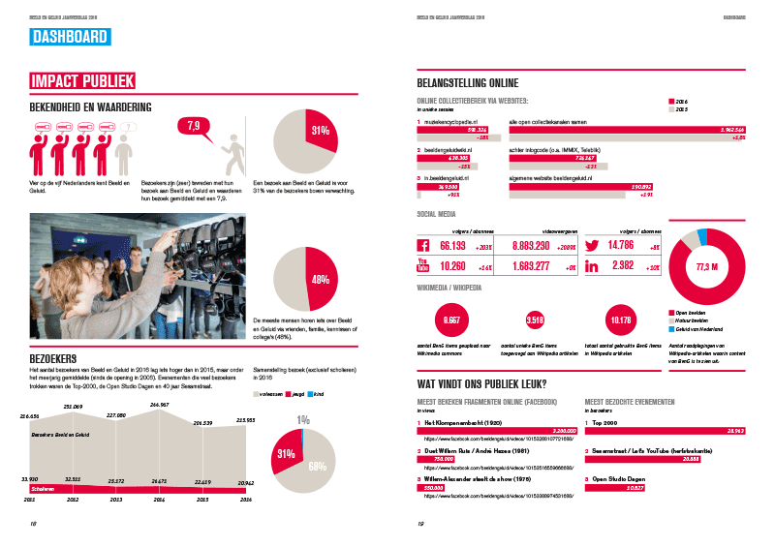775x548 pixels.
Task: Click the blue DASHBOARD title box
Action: tap(69, 38)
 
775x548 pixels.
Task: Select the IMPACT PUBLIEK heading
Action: tap(82, 81)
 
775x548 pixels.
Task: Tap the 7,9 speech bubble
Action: tap(193, 127)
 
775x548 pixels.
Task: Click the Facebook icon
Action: tap(423, 247)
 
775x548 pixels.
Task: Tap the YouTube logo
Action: tap(423, 265)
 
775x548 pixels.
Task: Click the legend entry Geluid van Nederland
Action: tap(702, 330)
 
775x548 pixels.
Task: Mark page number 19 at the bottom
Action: tap(421, 524)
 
